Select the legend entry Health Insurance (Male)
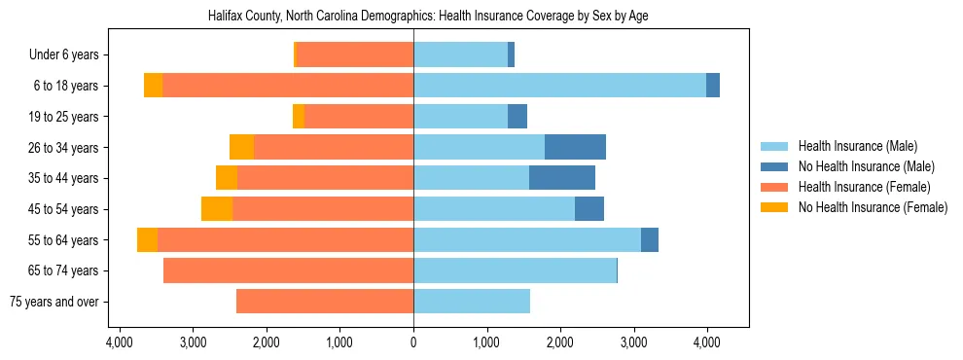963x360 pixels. tap(857, 146)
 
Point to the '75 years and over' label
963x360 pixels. tap(54, 302)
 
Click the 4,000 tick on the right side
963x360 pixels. tap(706, 342)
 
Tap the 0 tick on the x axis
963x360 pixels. tap(413, 342)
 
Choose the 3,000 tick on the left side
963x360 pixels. tap(193, 342)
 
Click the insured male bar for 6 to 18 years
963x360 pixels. tap(559, 86)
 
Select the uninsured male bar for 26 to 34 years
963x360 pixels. tap(575, 147)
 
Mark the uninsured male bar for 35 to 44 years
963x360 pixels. tap(562, 178)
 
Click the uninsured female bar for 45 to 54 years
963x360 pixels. tap(217, 209)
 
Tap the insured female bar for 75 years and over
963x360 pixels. tap(325, 302)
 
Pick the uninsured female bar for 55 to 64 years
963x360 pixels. tap(147, 240)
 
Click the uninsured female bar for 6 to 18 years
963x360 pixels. tap(153, 86)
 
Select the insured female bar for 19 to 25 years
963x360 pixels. tap(359, 117)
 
